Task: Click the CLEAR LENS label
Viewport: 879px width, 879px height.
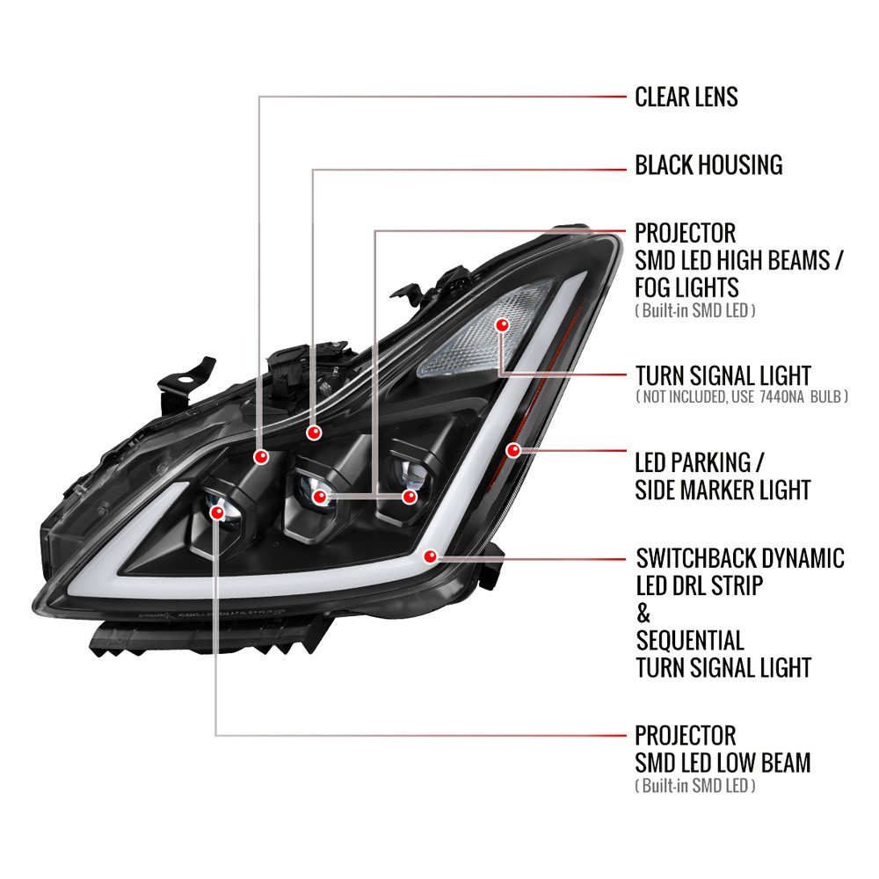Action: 686,97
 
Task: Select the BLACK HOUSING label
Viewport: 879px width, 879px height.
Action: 708,165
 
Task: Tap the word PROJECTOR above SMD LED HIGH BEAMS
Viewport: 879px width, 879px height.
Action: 685,233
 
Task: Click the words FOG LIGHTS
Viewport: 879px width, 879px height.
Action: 686,287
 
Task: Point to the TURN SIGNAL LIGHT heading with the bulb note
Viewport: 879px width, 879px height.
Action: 723,375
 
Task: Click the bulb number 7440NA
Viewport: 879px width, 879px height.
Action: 782,397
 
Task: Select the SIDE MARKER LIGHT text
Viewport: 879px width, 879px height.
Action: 723,490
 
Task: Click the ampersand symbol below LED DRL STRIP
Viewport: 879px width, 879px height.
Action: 643,614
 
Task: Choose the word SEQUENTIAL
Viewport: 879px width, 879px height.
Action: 690,640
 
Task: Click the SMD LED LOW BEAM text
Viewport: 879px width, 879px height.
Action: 723,762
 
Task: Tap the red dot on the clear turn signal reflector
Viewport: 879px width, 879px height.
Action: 502,324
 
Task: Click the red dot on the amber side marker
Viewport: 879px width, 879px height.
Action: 513,449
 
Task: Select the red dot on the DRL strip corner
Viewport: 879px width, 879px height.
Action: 431,556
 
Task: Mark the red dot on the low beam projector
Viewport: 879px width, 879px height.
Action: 216,512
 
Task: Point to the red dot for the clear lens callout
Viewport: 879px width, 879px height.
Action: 260,457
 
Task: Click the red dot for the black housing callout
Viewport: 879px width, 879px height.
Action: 314,432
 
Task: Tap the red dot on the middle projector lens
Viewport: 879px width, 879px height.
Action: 320,497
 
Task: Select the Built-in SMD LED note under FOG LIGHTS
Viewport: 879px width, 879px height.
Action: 695,310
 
